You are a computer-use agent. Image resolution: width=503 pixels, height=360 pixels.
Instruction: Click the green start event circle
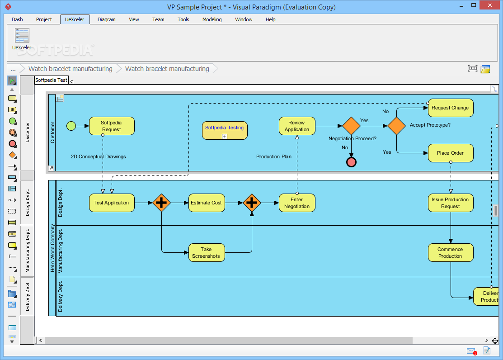(x=71, y=126)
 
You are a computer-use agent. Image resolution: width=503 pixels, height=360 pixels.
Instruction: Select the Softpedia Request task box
(x=112, y=126)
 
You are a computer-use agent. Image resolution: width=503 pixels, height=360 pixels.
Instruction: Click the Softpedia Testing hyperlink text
(x=225, y=128)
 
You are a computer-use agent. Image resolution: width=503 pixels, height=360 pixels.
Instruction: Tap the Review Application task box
(x=297, y=126)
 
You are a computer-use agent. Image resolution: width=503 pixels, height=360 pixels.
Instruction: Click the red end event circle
(x=351, y=162)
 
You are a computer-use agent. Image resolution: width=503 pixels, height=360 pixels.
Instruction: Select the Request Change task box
(x=451, y=108)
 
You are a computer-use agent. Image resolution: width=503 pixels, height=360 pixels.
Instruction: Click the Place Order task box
(x=451, y=153)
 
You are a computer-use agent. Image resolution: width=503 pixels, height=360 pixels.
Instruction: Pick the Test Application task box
(x=112, y=203)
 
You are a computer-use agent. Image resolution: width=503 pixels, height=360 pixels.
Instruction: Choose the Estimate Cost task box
(x=207, y=203)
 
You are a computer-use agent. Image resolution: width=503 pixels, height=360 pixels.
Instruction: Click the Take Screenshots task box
(x=207, y=252)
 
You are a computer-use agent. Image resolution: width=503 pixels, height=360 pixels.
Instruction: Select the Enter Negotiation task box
(x=297, y=203)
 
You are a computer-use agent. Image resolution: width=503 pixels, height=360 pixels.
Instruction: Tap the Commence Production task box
(x=451, y=252)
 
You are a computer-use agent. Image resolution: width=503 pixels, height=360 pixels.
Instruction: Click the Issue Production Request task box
(x=451, y=203)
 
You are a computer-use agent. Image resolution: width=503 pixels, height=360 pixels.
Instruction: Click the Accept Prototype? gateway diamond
(x=396, y=126)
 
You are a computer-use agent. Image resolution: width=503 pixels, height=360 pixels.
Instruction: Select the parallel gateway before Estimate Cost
(x=161, y=203)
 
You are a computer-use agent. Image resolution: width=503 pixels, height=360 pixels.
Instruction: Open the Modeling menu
(x=212, y=19)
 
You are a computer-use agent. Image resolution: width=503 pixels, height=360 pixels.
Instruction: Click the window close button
(x=489, y=5)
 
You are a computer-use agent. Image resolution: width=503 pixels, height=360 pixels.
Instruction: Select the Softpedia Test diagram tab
(x=52, y=80)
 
